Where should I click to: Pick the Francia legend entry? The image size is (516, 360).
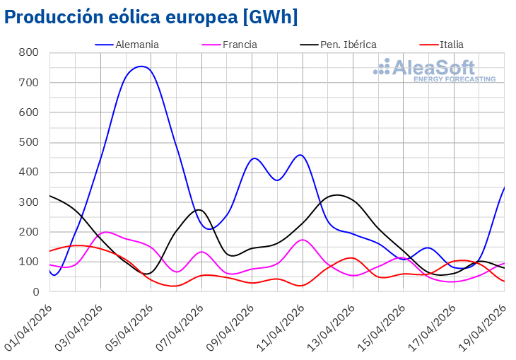pos(239,44)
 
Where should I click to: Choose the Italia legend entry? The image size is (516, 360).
pos(451,44)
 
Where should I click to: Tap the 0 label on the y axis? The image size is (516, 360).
pos(35,292)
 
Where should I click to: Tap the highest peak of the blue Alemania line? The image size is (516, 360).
pos(142,66)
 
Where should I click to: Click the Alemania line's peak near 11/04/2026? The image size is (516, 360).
pos(300,155)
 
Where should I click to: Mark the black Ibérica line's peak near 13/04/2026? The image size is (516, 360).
pos(337,194)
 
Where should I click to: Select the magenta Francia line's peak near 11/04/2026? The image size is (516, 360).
pos(303,240)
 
